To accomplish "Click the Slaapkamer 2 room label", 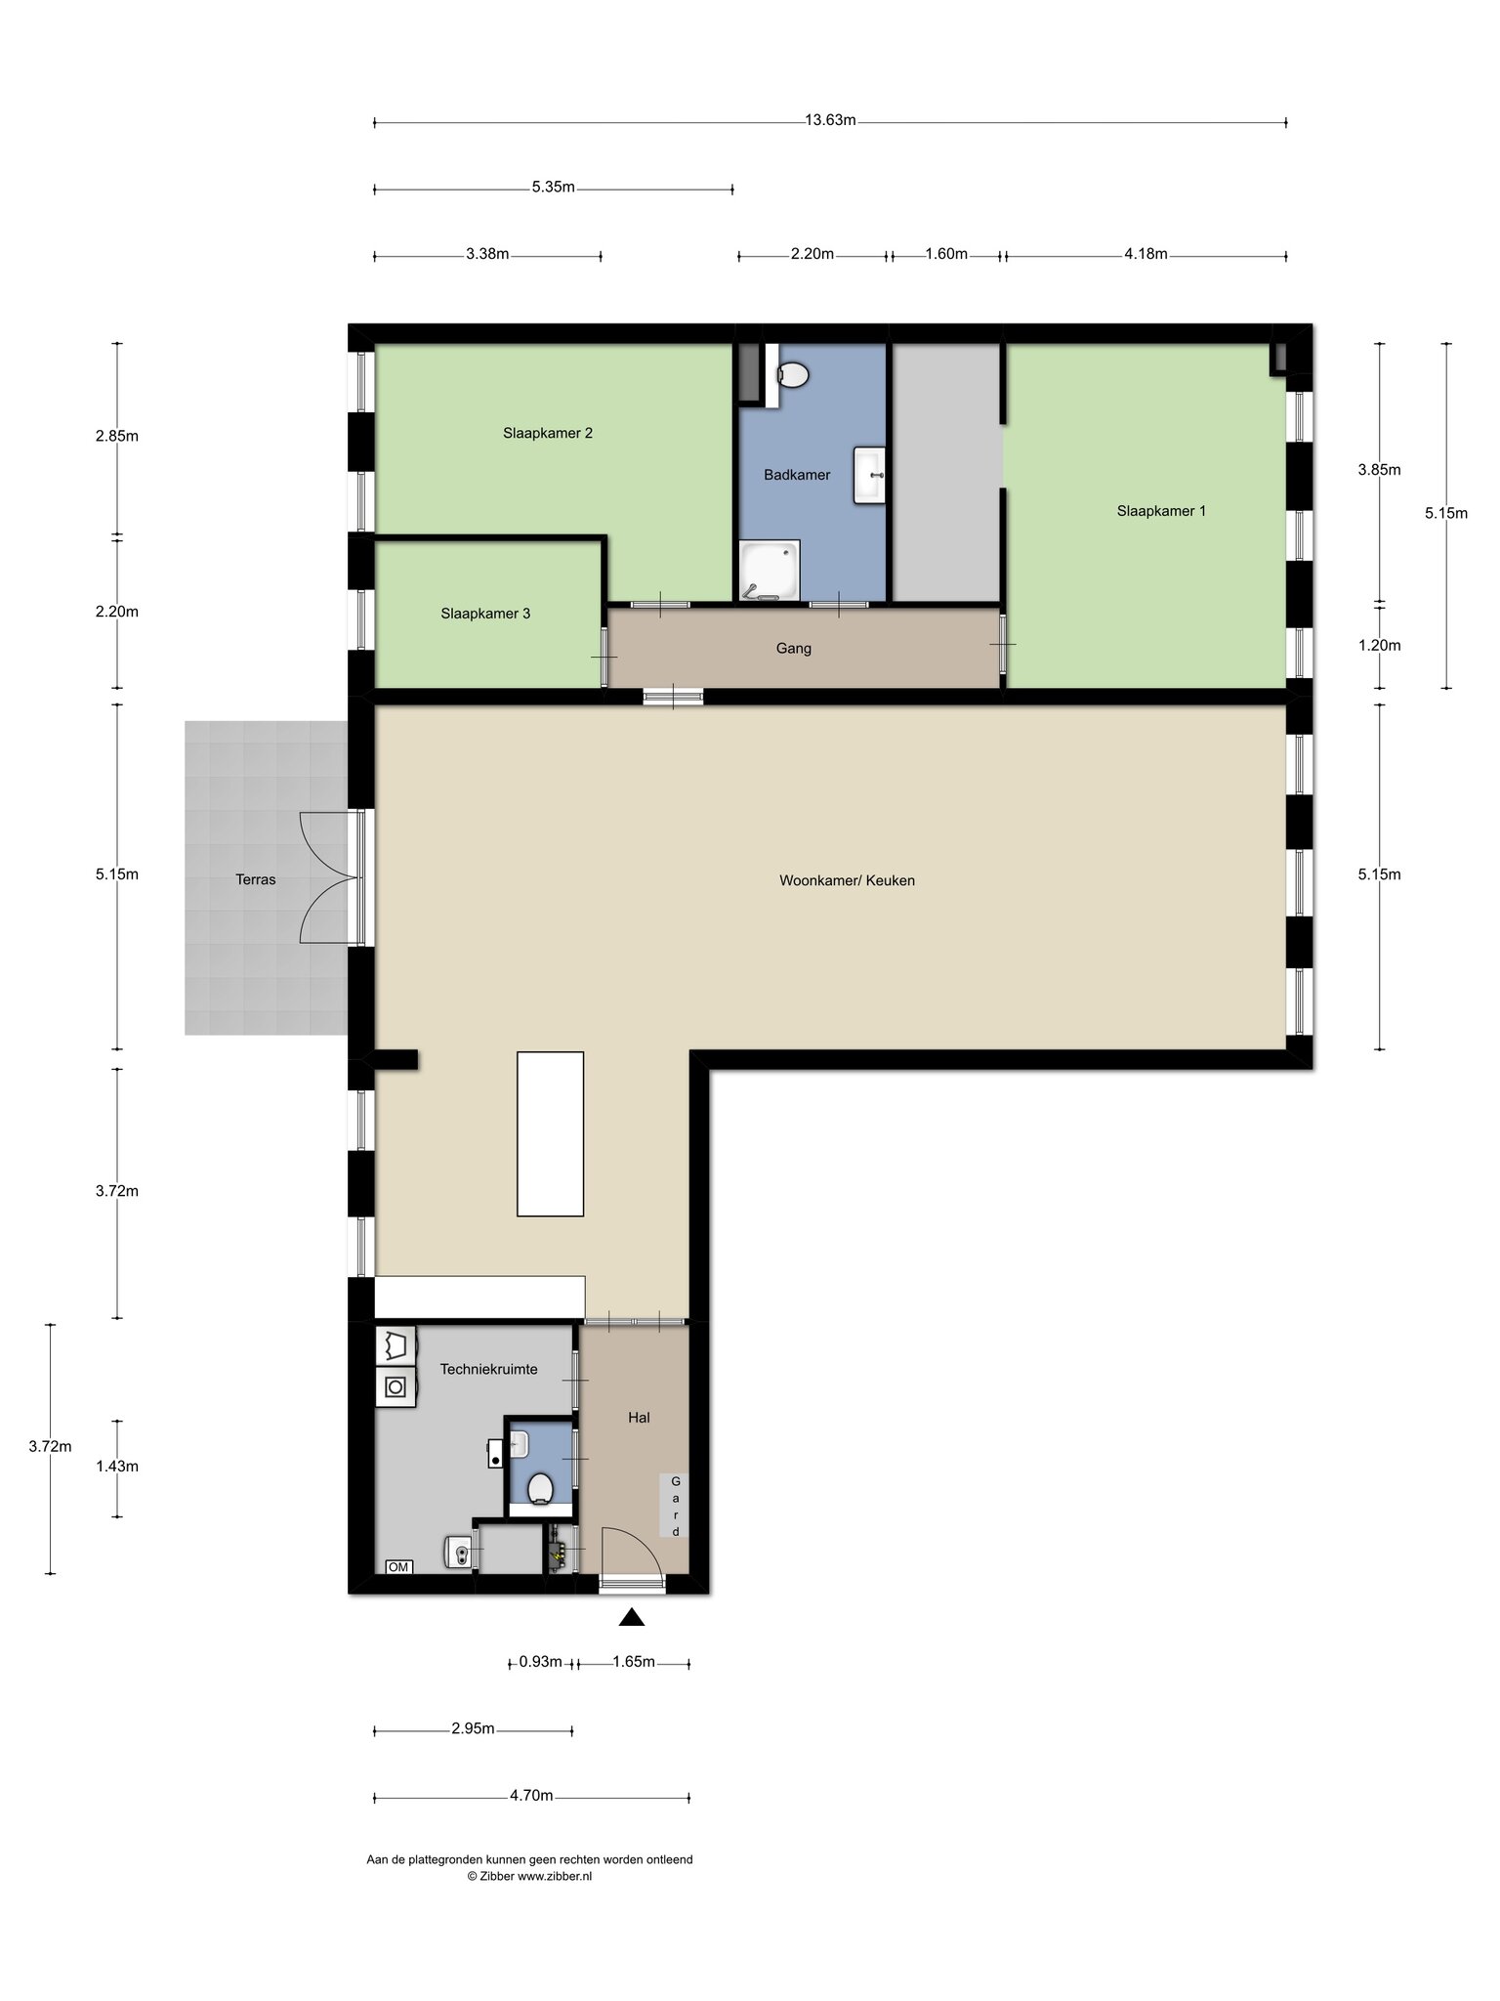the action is point(548,433).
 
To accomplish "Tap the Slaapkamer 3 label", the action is point(485,614).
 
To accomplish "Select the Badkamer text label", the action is point(797,475).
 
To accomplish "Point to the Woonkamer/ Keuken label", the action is point(847,880).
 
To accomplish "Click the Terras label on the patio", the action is point(256,879).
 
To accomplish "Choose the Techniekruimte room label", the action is point(488,1369).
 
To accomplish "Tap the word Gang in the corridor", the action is point(794,648).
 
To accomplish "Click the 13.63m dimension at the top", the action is point(830,120).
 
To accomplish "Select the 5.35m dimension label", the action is point(553,187).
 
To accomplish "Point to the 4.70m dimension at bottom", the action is point(531,1795).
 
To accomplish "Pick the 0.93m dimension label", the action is point(540,1661).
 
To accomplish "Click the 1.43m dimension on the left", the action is point(117,1466).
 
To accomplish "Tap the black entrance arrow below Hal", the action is point(632,1617).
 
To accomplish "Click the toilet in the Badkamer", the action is point(793,374).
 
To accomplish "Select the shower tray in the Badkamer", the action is point(770,570).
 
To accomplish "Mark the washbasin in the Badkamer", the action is point(869,475).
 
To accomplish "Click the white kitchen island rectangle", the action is point(550,1133).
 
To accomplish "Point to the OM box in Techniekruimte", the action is point(398,1567).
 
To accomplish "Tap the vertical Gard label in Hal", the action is point(675,1506).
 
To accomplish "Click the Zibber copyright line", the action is point(529,1876).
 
